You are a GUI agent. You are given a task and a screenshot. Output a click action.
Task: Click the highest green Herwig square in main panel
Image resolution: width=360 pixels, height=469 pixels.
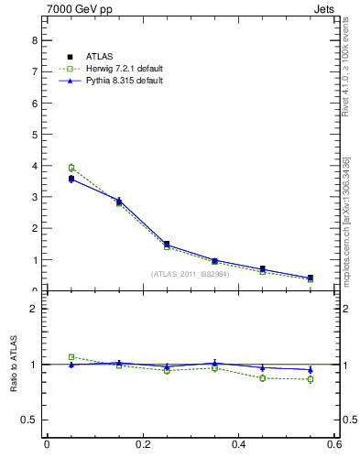(71, 168)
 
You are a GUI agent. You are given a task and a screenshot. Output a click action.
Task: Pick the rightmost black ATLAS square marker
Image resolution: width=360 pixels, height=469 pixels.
(310, 278)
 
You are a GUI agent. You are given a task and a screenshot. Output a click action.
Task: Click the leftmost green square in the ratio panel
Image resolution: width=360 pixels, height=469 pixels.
(71, 357)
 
